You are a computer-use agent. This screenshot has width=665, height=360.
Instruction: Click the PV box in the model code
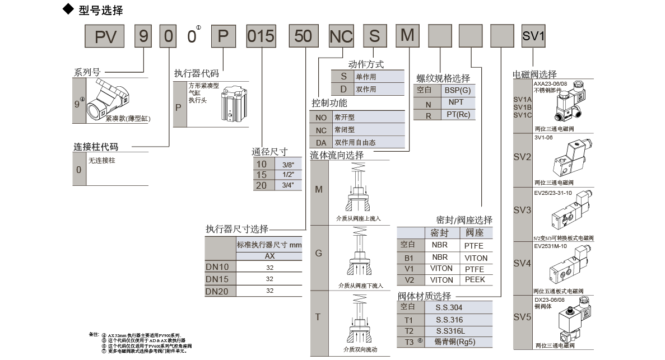coord(105,37)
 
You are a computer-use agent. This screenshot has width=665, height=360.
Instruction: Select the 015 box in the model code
coord(261,37)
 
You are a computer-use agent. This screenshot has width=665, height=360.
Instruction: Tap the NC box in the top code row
coord(341,37)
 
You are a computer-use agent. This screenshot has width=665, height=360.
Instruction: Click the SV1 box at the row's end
coord(533,37)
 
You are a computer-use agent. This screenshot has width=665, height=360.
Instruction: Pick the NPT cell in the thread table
coord(455,103)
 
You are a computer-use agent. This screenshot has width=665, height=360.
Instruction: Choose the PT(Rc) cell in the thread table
coord(458,114)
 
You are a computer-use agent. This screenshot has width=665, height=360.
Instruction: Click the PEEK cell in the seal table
coord(475,279)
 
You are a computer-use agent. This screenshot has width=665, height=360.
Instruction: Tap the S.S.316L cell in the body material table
coord(450,330)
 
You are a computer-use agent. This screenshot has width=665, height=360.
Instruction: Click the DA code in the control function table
coord(320,142)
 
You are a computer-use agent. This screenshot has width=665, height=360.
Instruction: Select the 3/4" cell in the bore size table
coord(288,185)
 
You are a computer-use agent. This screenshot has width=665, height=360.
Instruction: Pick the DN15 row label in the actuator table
coord(217,278)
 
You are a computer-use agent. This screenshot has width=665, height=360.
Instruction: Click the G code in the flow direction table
coord(318,253)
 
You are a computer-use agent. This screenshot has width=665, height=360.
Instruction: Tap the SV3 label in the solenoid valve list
coord(522,210)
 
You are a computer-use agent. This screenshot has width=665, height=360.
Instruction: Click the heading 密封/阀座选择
coord(464,219)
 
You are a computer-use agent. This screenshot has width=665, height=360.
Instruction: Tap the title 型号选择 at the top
coord(101,10)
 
